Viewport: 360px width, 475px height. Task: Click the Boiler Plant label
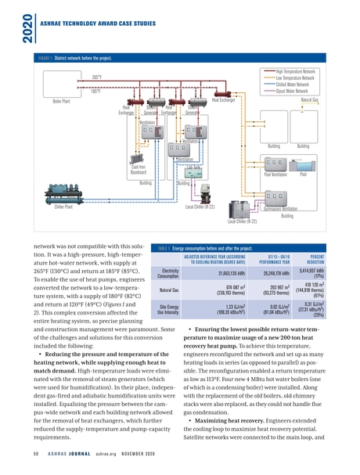click(x=64, y=102)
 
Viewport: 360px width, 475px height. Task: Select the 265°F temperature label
click(x=97, y=77)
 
